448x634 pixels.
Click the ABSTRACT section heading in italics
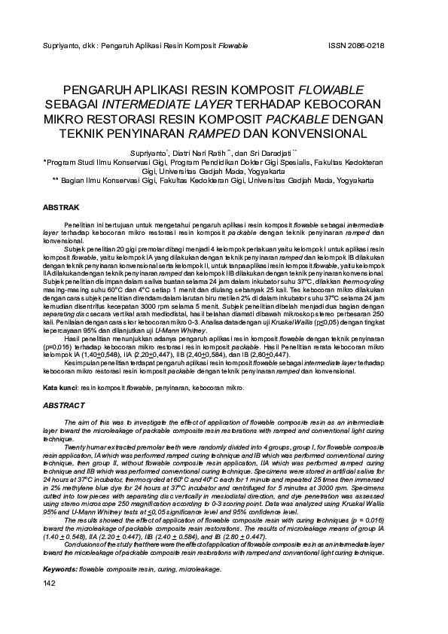click(x=64, y=405)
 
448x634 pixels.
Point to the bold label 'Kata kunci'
click(x=59, y=387)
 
